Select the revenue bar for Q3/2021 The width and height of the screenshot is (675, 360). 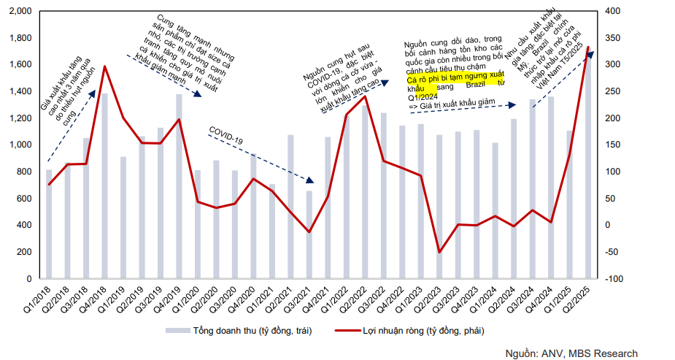click(x=309, y=234)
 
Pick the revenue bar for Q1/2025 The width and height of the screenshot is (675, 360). click(x=569, y=204)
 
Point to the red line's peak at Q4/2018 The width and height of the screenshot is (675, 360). click(x=104, y=66)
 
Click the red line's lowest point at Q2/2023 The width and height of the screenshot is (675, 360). click(x=439, y=253)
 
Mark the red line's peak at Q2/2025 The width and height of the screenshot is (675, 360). click(x=588, y=47)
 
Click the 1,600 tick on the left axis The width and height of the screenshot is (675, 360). click(x=20, y=65)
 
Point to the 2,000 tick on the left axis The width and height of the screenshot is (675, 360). click(x=20, y=11)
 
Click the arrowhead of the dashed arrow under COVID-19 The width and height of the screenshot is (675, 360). click(x=310, y=180)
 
